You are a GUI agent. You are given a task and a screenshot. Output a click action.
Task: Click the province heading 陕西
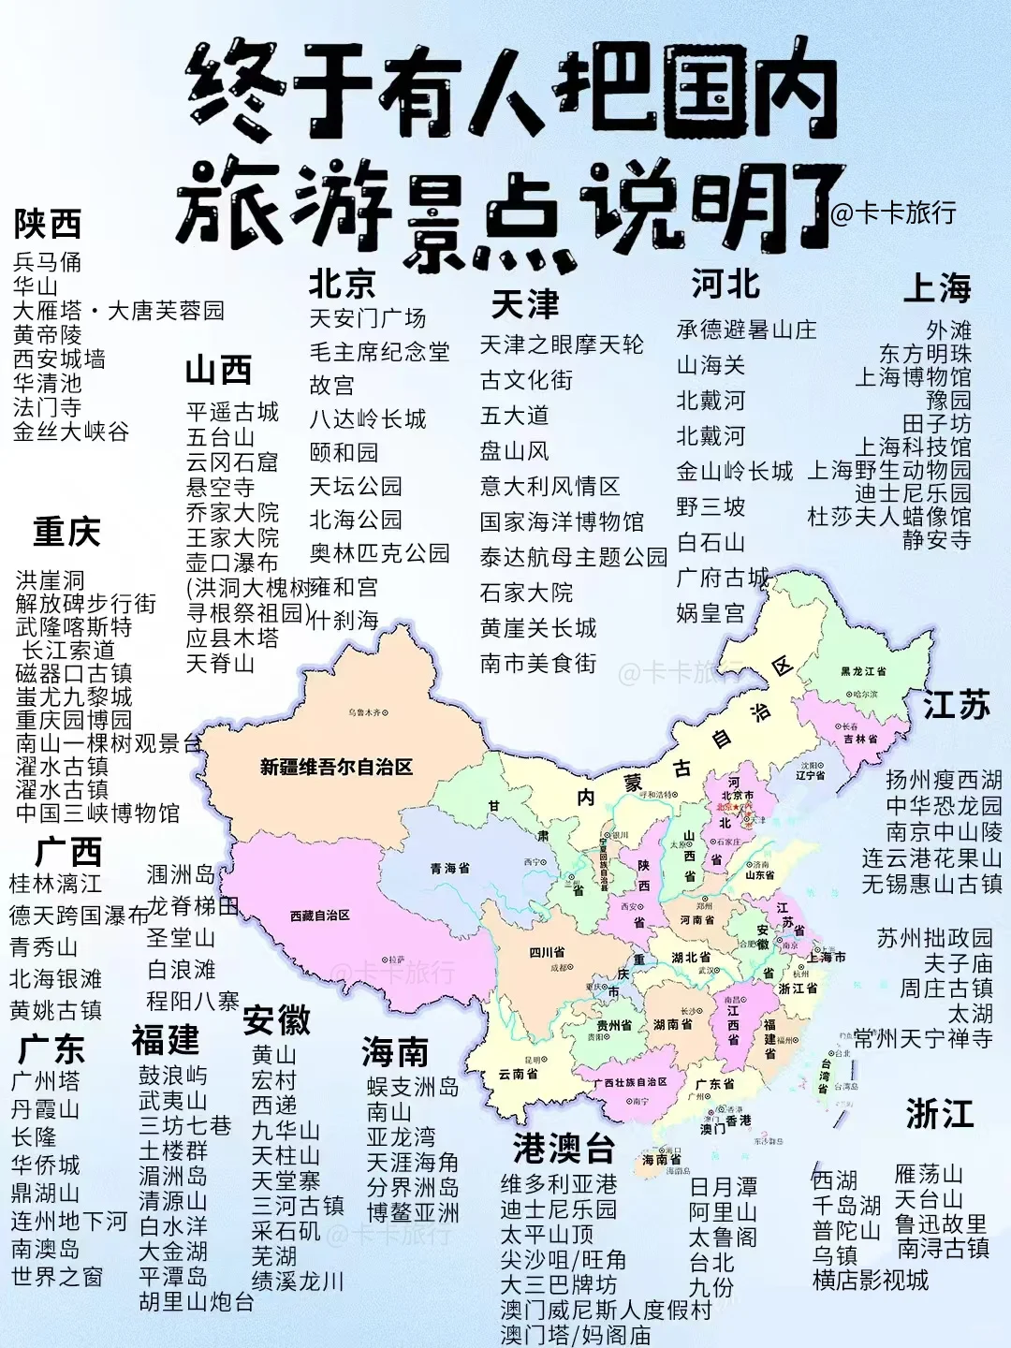[47, 225]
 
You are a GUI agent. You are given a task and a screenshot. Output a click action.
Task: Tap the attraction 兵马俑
[47, 262]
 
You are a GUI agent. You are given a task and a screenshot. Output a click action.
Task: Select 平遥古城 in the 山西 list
[232, 412]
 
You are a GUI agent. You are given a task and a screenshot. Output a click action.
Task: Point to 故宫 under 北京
[331, 386]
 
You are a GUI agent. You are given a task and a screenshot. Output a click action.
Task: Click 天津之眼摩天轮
[562, 345]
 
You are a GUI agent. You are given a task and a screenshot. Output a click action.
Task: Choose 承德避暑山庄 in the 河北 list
[746, 330]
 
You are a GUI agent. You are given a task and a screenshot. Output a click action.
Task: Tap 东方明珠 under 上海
[925, 354]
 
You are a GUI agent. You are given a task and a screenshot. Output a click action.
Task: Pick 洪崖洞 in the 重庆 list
[50, 580]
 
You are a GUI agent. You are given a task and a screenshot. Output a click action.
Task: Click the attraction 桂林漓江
[55, 884]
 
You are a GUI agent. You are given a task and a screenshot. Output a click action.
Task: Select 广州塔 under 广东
[45, 1081]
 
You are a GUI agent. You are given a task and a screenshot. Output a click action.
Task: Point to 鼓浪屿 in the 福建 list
[173, 1076]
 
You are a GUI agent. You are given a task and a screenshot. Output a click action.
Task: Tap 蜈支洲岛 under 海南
[413, 1087]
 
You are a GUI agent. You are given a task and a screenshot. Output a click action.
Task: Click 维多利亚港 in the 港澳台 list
[559, 1184]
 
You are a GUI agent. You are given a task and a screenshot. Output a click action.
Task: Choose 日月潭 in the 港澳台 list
[723, 1187]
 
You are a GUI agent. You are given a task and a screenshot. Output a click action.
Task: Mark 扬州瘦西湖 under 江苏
[944, 780]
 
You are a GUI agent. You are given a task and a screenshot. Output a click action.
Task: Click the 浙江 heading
[939, 1115]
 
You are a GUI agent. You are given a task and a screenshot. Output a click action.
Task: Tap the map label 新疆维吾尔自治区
[336, 768]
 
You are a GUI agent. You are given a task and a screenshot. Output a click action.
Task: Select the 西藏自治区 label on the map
[319, 916]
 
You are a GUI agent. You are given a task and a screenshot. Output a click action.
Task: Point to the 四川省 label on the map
[547, 953]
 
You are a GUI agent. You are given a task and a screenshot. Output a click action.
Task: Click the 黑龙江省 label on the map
[863, 671]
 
